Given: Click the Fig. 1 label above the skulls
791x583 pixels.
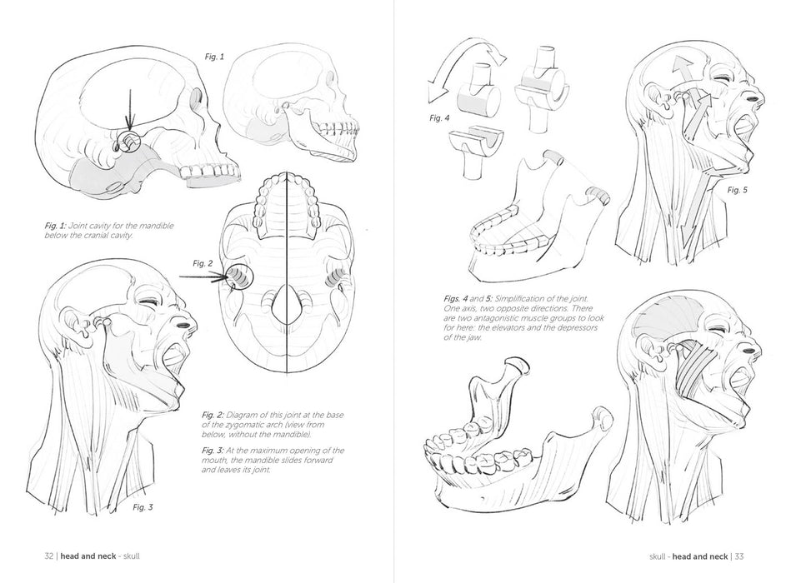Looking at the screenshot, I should (214, 57).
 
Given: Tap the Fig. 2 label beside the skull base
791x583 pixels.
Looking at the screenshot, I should (203, 263).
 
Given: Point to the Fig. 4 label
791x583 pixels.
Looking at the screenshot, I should (439, 118).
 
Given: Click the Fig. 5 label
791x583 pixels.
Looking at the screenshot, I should (738, 190).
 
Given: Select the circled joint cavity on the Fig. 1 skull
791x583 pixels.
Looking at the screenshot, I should (131, 142).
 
